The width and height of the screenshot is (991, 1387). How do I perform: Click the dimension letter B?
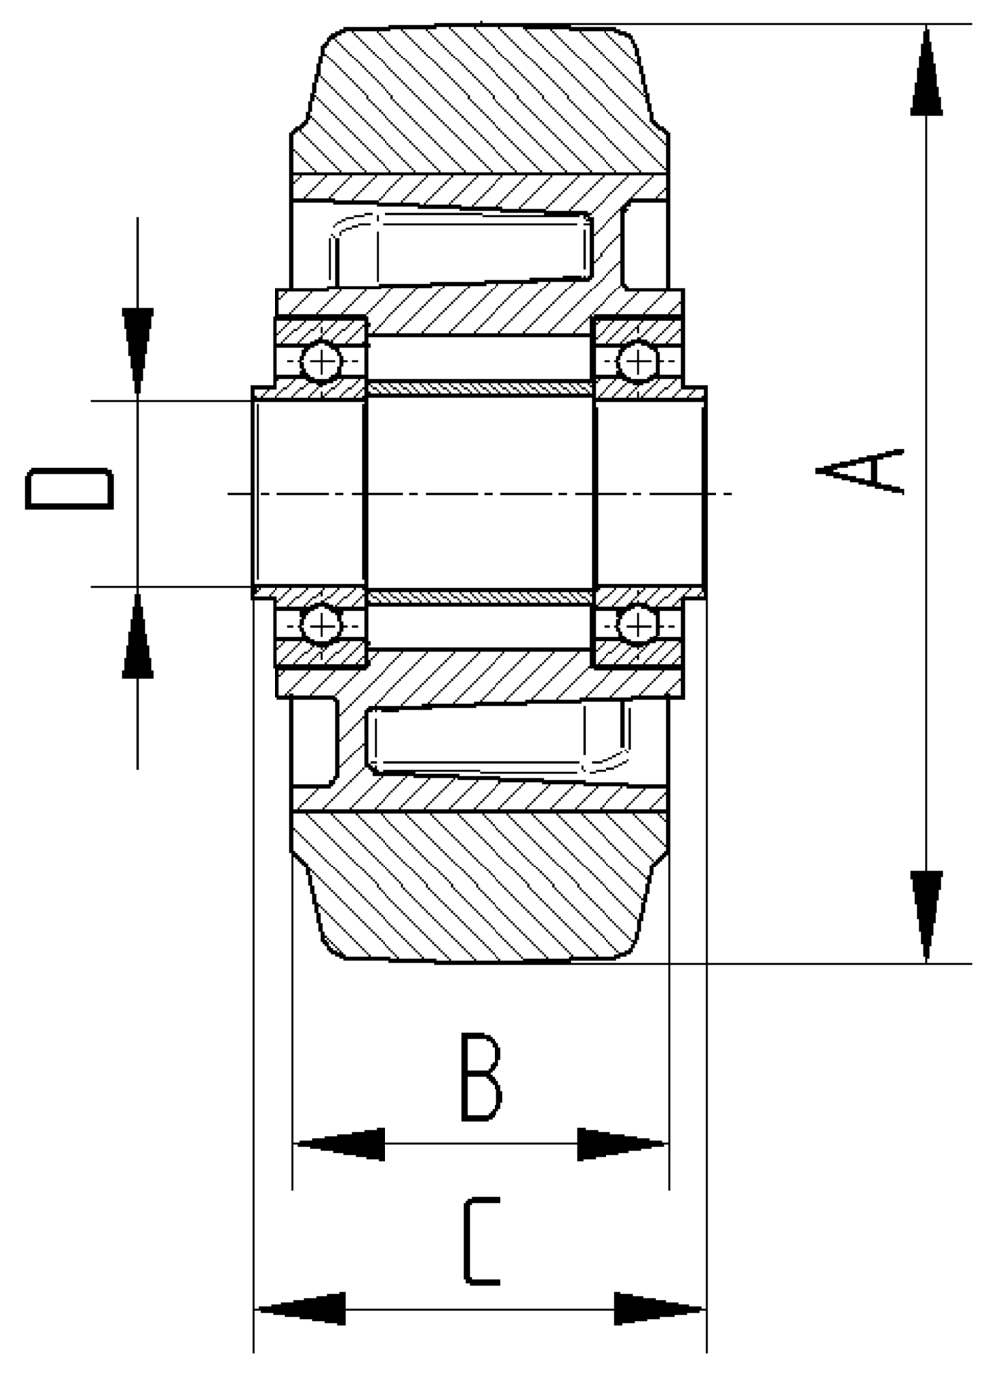point(482,1078)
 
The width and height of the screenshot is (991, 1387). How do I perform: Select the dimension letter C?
point(482,1241)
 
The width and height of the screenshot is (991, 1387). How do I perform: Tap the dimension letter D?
point(68,488)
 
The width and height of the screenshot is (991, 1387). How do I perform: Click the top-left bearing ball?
point(321,361)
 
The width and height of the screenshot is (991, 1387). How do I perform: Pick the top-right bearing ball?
point(638,361)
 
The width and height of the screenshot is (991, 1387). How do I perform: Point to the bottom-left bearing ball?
point(321,625)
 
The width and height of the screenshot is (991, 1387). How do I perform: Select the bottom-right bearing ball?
point(638,625)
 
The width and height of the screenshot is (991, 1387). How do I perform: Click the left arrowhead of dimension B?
point(340,1144)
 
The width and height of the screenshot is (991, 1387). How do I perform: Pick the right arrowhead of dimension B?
point(621,1144)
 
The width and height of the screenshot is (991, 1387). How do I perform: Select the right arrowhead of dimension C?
point(659,1309)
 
